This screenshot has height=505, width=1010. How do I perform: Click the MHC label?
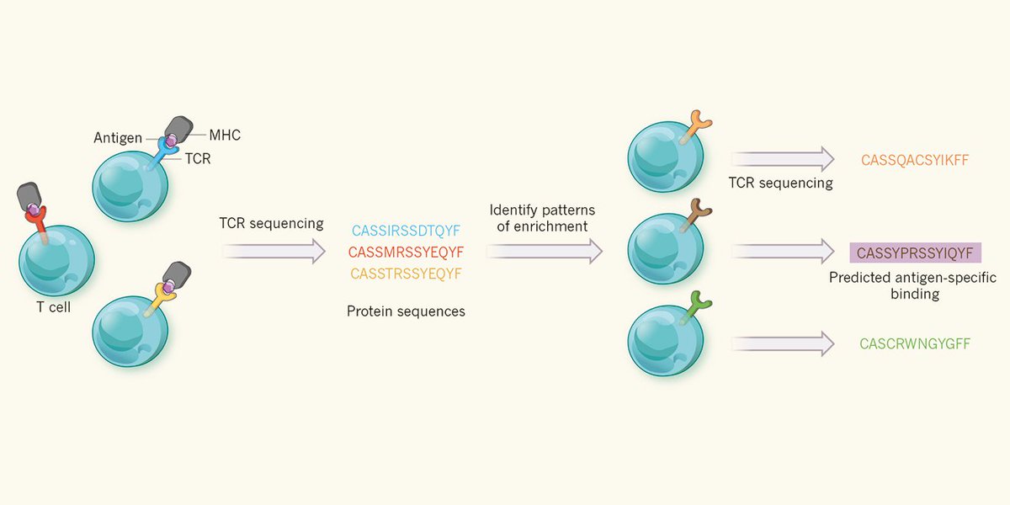225,135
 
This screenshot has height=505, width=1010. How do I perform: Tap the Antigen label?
118,137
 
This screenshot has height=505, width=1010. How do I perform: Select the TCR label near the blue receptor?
198,159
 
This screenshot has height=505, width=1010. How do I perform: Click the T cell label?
54,307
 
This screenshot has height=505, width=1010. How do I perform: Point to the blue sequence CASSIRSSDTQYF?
406,231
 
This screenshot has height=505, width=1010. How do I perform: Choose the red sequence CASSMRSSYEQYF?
406,252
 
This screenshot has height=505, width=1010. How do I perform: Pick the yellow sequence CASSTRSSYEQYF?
406,274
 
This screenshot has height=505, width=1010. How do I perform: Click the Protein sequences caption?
406,311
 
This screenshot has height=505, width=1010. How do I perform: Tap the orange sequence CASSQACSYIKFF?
915,160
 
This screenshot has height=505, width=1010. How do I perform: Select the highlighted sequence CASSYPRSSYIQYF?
916,252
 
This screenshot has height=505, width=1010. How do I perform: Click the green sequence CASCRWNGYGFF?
915,344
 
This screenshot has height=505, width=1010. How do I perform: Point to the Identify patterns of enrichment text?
542,218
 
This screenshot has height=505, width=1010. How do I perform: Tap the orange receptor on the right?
695,126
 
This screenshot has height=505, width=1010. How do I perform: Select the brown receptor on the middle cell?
695,215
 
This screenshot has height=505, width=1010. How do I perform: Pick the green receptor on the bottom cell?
695,307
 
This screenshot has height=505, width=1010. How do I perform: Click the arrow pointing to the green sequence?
783,344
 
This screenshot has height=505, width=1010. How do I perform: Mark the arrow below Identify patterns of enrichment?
545,251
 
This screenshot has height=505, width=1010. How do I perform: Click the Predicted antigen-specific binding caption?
913,285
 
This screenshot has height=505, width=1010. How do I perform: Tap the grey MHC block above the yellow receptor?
177,274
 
